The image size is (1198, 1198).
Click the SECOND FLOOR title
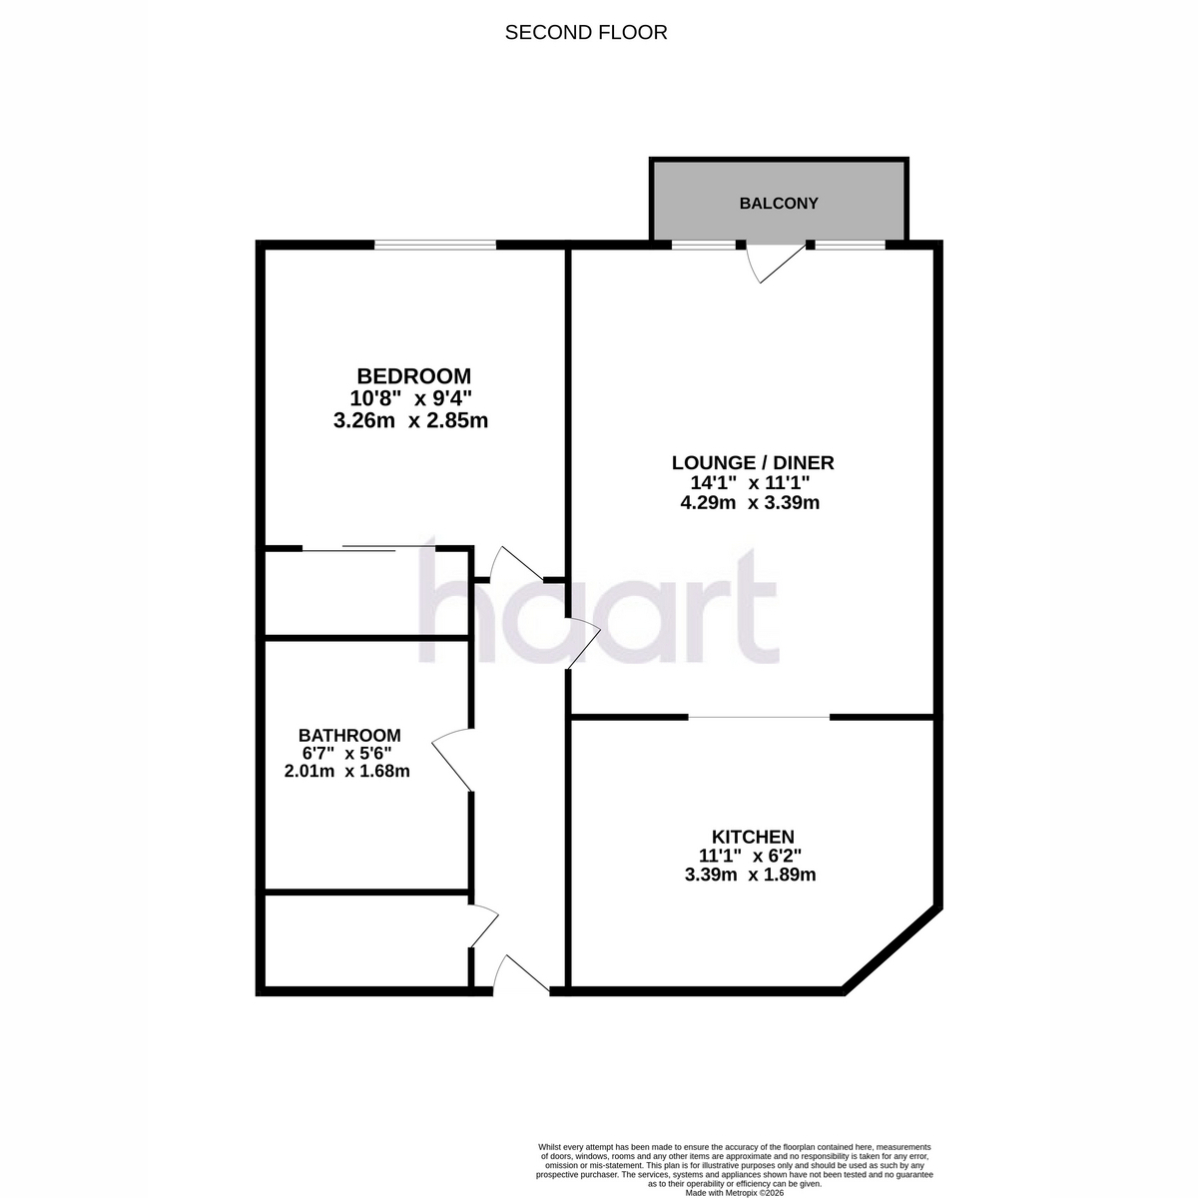pos(586,32)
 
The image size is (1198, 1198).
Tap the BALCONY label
pos(779,204)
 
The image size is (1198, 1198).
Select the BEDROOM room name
pos(413,376)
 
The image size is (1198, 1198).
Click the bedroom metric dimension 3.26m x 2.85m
pos(410,421)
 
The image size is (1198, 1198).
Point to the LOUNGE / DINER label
pos(753,462)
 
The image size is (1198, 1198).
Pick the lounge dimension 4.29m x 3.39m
pos(750,502)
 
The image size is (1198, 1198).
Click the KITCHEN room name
pos(753,837)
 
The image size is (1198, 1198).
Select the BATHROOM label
pos(349,736)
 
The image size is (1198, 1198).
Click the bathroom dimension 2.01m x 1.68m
pos(346,772)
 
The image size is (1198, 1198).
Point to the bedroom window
pos(435,245)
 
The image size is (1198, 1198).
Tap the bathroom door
pos(452,759)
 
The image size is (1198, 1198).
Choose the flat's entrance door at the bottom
pos(521,974)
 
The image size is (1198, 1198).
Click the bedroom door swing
pos(517,563)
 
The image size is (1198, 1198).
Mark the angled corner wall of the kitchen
pos(893,950)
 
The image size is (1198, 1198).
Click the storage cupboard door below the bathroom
pos(484,926)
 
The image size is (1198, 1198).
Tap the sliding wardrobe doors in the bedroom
pos(368,548)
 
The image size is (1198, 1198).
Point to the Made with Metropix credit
pos(734,1193)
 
